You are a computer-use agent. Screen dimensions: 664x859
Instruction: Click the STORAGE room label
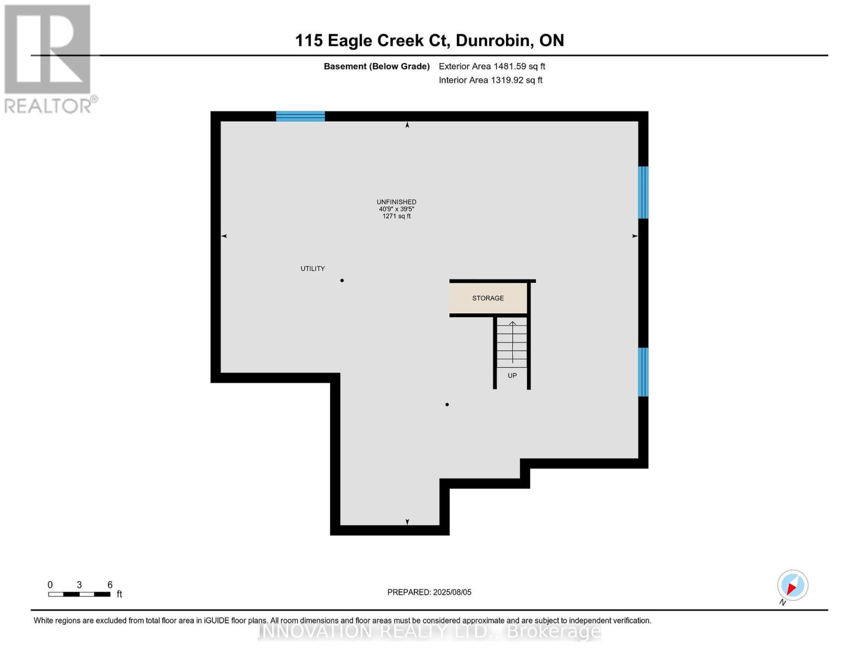click(488, 298)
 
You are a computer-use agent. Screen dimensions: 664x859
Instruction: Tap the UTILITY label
click(313, 269)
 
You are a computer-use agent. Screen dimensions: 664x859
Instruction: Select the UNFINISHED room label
click(396, 202)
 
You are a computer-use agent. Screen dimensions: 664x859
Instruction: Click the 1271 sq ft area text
click(396, 216)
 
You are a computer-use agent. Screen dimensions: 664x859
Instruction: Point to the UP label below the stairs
click(512, 376)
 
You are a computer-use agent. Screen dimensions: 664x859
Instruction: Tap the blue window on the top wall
click(300, 116)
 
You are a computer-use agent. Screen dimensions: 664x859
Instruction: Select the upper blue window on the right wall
click(643, 193)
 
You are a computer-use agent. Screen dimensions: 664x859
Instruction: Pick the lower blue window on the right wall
click(643, 372)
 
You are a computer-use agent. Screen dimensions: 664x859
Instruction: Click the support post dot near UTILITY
click(342, 281)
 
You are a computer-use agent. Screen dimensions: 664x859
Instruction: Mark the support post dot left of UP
click(447, 404)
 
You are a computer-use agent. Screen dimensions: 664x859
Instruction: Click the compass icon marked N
click(793, 585)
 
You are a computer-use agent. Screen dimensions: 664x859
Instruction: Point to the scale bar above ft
click(79, 594)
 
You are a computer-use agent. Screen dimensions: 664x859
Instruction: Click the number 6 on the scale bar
click(110, 585)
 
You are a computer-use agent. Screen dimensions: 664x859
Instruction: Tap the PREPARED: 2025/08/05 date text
click(429, 592)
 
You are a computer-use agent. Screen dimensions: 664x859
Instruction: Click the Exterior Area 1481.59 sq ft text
click(492, 66)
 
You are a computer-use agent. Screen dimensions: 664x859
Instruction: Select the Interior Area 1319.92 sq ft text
click(491, 80)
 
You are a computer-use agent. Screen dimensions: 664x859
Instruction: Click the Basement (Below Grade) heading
click(377, 66)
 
